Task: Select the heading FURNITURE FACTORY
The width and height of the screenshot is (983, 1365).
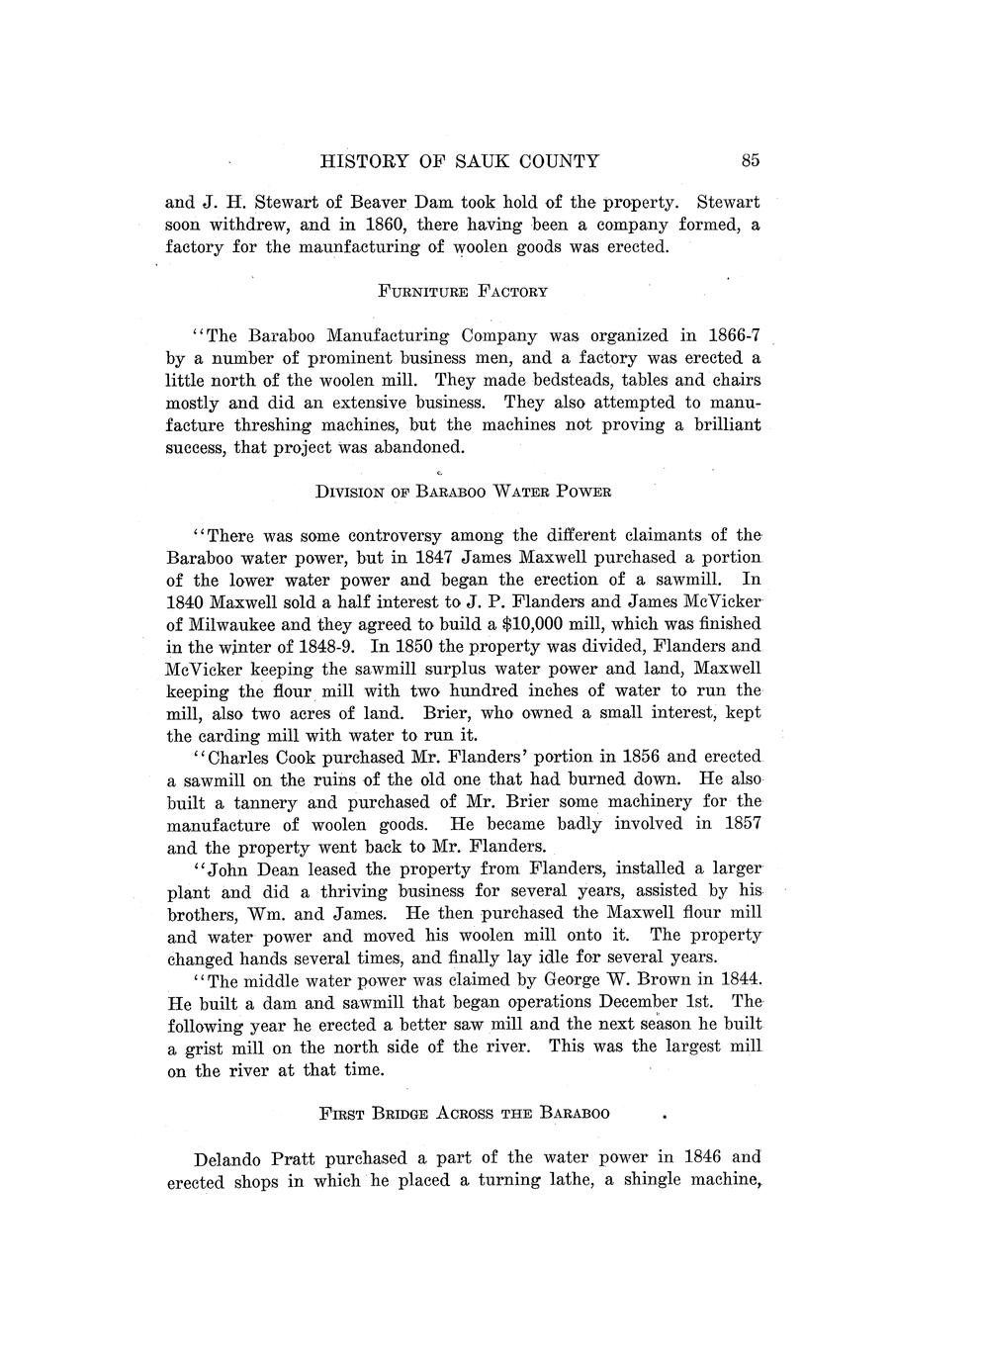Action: point(463,292)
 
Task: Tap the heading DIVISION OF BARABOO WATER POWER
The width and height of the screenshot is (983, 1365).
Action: point(463,492)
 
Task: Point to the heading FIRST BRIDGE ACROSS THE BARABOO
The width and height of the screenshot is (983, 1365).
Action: point(464,1113)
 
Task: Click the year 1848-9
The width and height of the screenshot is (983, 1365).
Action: point(328,647)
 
